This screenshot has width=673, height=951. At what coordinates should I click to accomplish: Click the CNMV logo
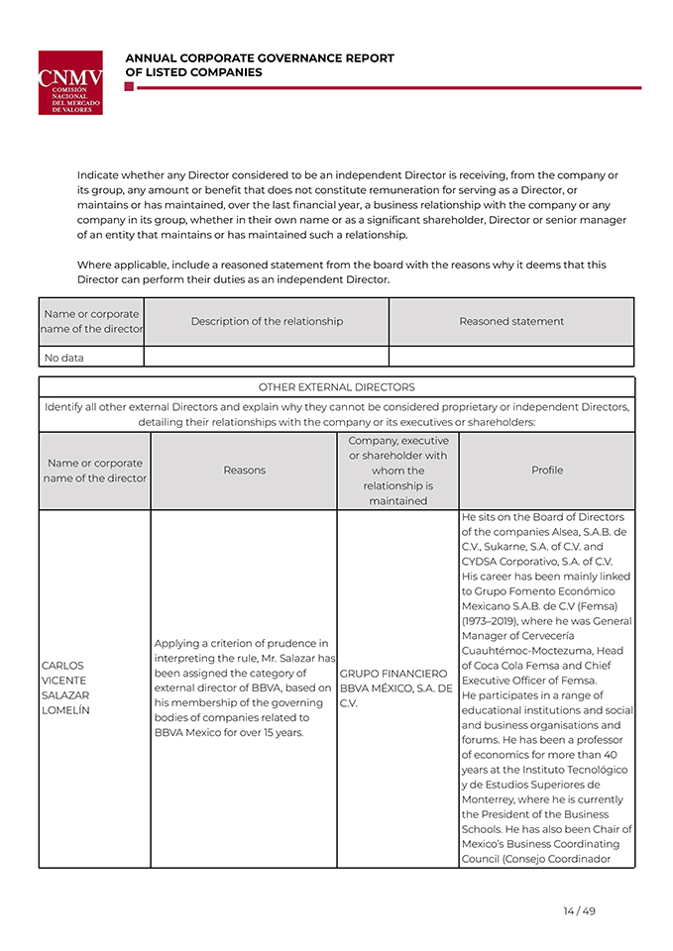click(x=70, y=82)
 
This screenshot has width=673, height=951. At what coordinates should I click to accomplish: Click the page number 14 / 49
click(x=579, y=911)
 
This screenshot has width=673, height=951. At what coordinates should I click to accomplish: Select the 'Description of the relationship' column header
click(x=267, y=321)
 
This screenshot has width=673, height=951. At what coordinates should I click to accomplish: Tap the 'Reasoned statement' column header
click(x=511, y=321)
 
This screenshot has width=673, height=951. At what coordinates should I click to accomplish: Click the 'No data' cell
click(x=64, y=358)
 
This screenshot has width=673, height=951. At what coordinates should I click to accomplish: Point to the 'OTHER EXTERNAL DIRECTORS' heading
click(x=336, y=387)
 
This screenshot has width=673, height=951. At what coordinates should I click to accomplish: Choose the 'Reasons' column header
click(x=244, y=471)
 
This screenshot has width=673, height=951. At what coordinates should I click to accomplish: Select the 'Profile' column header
click(x=547, y=471)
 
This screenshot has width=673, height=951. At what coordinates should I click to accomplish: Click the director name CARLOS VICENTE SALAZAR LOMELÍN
click(x=65, y=688)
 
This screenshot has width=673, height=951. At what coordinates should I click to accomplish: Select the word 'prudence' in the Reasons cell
click(x=301, y=644)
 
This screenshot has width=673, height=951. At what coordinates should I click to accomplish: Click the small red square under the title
click(x=129, y=87)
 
